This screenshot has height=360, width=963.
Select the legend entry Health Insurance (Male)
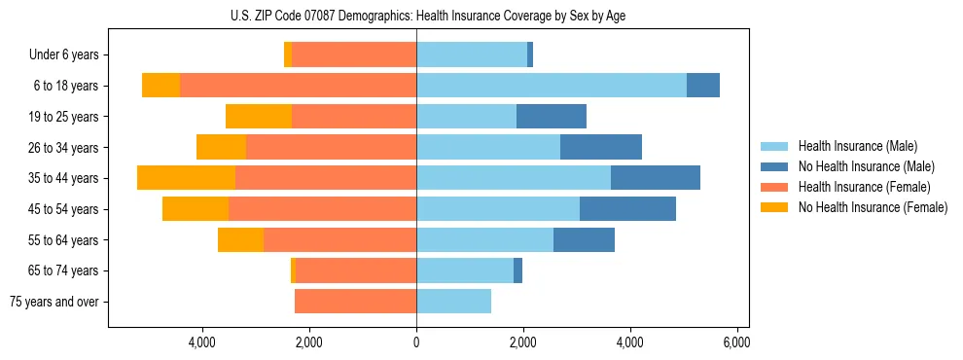[x=852, y=146]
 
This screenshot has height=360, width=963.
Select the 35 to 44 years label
[x=65, y=178]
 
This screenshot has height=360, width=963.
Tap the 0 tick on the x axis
[x=416, y=342]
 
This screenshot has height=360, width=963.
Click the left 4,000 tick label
[x=202, y=342]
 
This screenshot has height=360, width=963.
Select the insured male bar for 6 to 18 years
[x=552, y=86]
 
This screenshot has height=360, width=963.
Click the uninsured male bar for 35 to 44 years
[x=656, y=178]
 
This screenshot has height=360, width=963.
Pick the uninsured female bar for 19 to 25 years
[x=259, y=117]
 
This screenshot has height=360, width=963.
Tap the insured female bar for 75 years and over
[x=355, y=302]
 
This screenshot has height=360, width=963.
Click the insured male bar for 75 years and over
[x=453, y=302]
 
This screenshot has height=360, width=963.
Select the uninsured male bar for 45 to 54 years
[x=627, y=209]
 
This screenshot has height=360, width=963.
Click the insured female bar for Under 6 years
[x=354, y=55]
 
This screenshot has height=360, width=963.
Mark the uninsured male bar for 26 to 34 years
[x=601, y=148]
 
